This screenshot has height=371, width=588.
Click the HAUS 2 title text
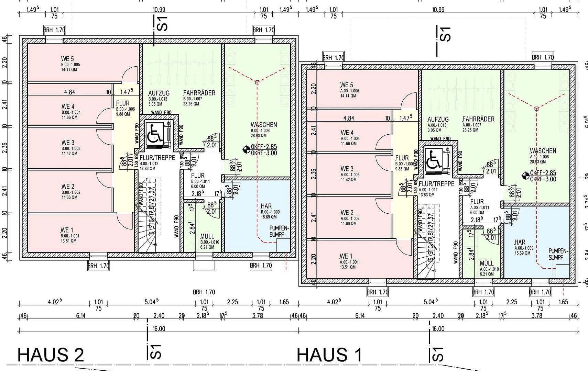click(x=51, y=355)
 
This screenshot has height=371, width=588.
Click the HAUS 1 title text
click(x=329, y=355)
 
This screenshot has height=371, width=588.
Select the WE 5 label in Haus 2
click(x=67, y=59)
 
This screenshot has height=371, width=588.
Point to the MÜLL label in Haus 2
click(x=207, y=236)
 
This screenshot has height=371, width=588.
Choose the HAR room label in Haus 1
click(x=520, y=242)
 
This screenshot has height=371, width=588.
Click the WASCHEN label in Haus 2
click(x=264, y=125)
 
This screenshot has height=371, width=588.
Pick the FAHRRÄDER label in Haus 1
click(x=478, y=119)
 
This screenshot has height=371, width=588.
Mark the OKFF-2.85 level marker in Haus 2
click(x=264, y=147)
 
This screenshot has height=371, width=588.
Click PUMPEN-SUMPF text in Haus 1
click(x=558, y=254)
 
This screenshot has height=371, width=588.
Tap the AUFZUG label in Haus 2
click(x=159, y=93)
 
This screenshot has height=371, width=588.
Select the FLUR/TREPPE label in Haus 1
click(x=436, y=184)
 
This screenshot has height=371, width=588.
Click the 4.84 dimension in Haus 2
click(x=69, y=92)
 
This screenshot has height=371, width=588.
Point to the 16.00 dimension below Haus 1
click(x=438, y=329)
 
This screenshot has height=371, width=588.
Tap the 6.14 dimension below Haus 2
click(x=80, y=316)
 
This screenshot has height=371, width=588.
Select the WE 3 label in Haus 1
click(x=347, y=169)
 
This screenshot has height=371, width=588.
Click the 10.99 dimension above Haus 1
click(x=438, y=10)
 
